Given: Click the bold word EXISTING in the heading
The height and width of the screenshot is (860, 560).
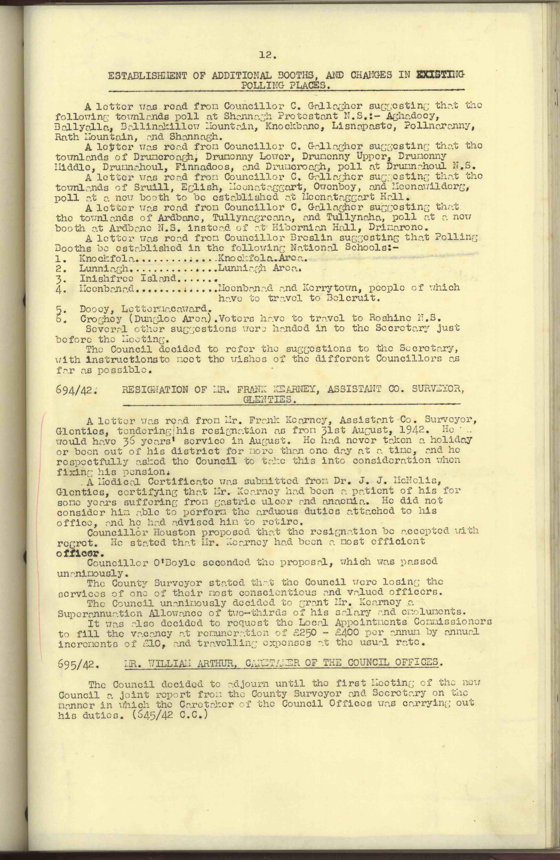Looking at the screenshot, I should (x=440, y=75).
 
